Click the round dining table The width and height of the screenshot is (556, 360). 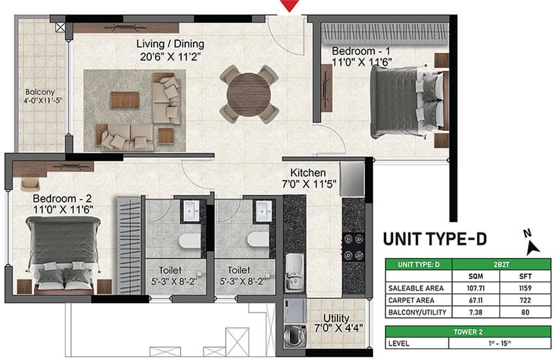click(249, 94)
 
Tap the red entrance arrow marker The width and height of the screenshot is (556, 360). click(289, 5)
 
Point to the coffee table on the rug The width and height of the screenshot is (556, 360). click(124, 99)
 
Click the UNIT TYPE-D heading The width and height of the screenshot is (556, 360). click(435, 239)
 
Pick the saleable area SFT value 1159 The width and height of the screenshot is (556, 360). click(525, 289)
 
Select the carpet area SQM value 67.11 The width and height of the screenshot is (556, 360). click(476, 300)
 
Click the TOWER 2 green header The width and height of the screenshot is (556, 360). click(468, 332)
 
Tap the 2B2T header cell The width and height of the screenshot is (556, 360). click(502, 264)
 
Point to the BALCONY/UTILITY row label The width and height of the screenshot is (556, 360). click(417, 312)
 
